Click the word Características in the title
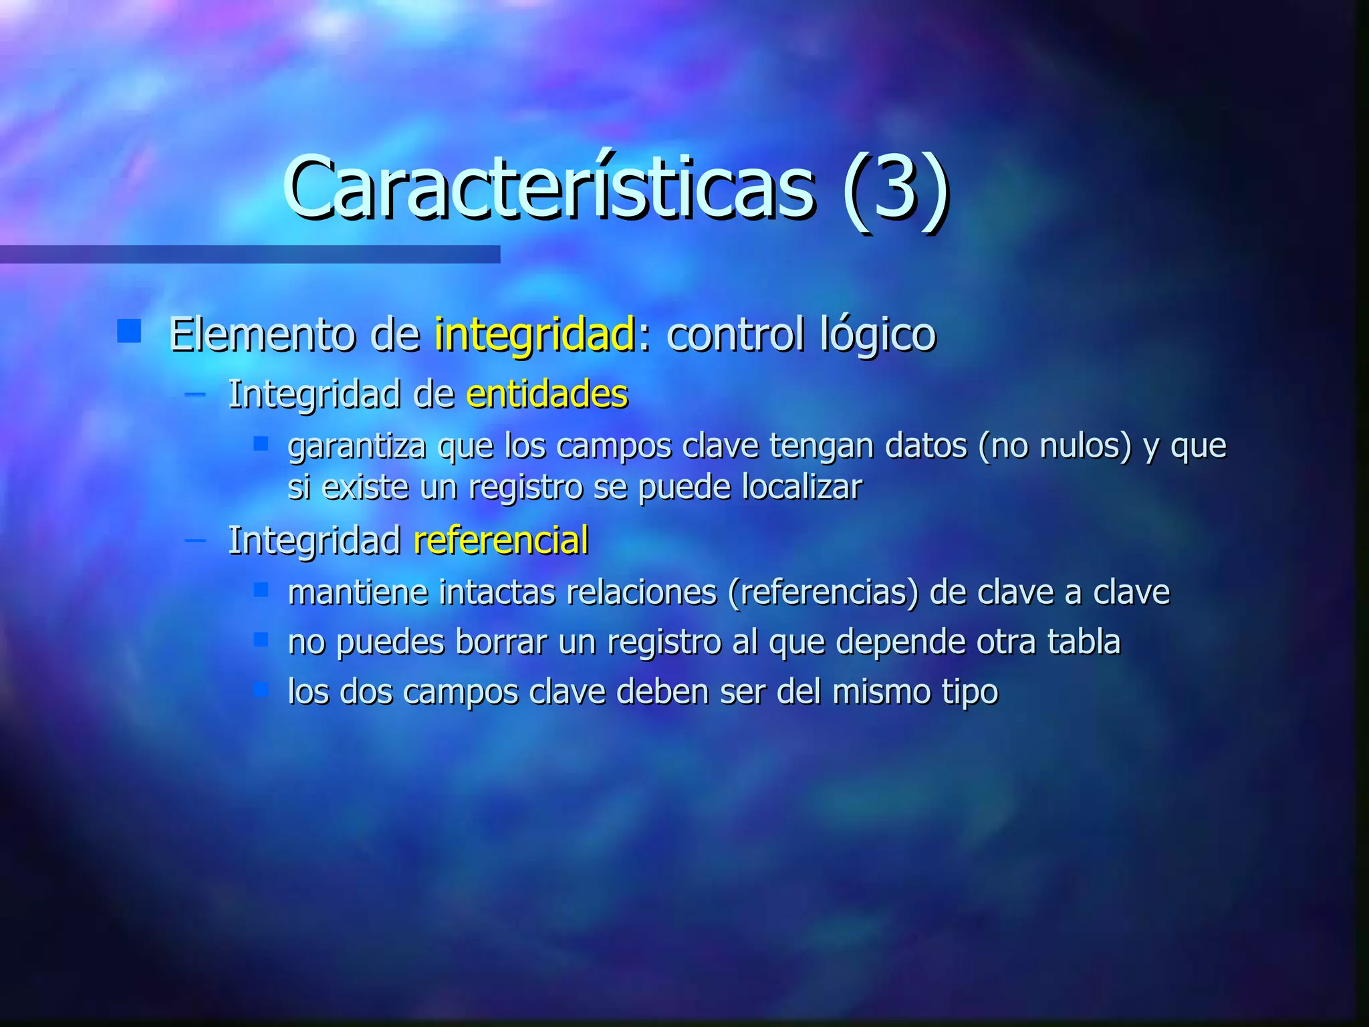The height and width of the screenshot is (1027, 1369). [548, 189]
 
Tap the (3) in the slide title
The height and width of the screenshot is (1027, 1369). [896, 191]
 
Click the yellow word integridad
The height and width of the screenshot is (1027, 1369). [534, 334]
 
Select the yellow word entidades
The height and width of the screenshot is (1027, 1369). [547, 394]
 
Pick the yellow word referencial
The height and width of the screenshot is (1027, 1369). [501, 540]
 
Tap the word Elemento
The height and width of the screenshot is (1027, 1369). [261, 334]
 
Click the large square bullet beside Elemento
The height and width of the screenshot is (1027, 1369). [129, 331]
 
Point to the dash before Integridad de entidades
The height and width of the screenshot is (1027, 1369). [195, 394]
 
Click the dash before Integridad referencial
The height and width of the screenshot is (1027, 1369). [195, 539]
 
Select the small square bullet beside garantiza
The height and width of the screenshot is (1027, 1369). [261, 443]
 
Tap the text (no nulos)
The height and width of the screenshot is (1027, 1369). [1055, 446]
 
